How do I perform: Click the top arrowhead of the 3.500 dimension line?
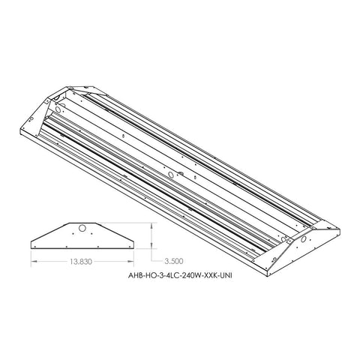[x=152, y=223]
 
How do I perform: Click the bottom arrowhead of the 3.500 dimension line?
[x=152, y=247]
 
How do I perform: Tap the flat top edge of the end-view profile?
[x=84, y=222]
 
